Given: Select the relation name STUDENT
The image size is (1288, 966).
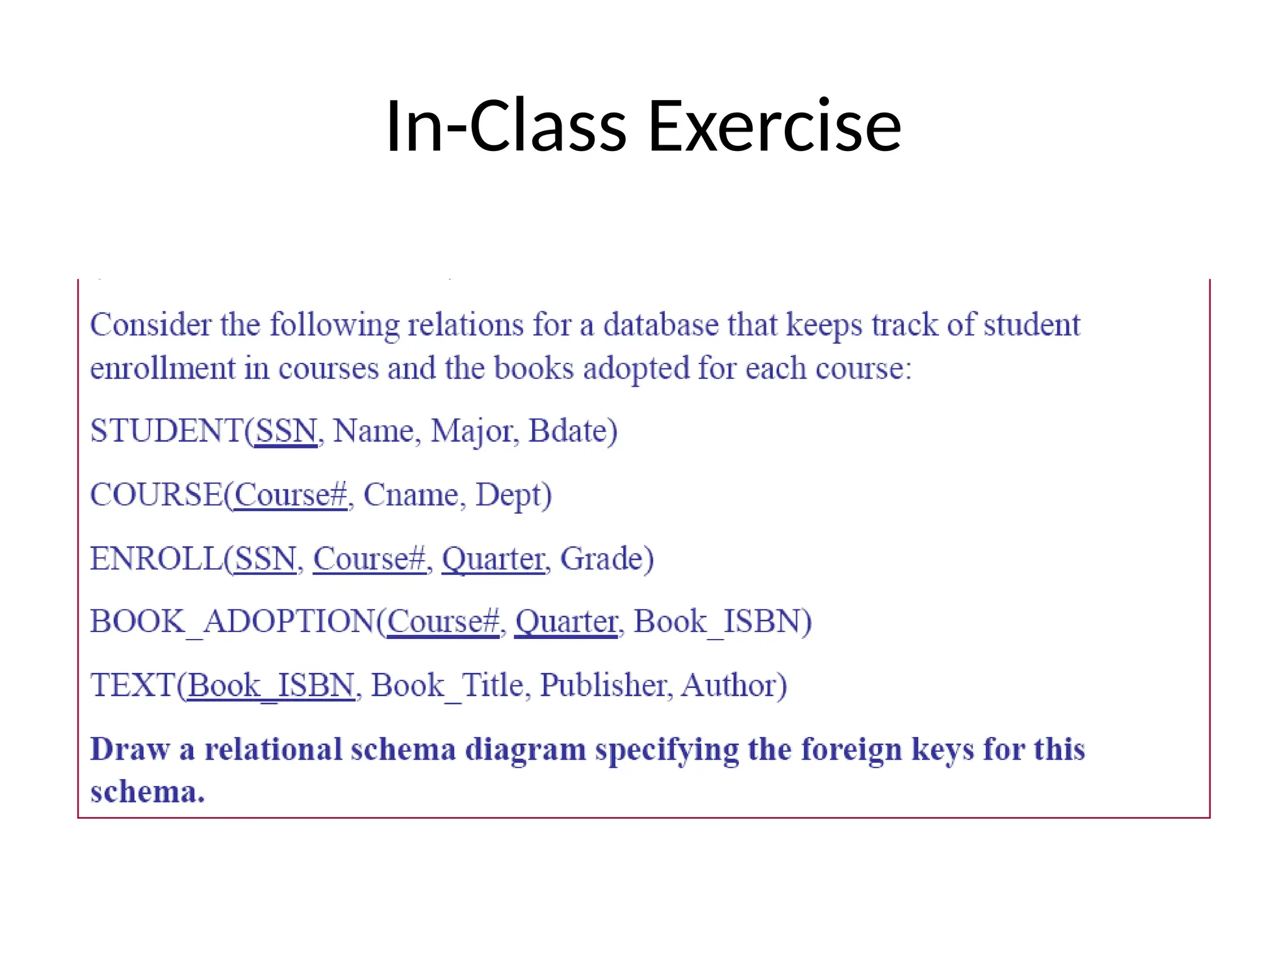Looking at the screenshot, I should pyautogui.click(x=167, y=431).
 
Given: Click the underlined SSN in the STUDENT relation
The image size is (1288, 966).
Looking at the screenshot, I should pyautogui.click(x=286, y=431).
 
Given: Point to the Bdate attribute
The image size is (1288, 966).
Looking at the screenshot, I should pyautogui.click(x=569, y=431).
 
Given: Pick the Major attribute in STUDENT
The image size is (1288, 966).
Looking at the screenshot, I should pyautogui.click(x=471, y=432).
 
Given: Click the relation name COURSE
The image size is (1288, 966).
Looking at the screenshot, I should pyautogui.click(x=157, y=494).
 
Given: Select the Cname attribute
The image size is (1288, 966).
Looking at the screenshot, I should pyautogui.click(x=410, y=495).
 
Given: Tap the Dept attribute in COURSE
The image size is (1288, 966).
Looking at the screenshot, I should pyautogui.click(x=509, y=496).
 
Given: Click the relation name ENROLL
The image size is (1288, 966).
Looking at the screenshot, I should pyautogui.click(x=157, y=558).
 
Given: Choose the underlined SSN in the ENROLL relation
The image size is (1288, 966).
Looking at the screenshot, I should pyautogui.click(x=265, y=558).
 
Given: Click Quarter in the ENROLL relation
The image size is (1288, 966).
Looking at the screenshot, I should pyautogui.click(x=493, y=558).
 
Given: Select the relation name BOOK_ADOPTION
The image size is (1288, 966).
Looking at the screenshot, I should pyautogui.click(x=233, y=621).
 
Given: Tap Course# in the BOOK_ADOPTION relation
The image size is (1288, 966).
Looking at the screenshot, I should pyautogui.click(x=443, y=621).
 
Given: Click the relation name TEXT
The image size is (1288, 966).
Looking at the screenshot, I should pyautogui.click(x=132, y=685).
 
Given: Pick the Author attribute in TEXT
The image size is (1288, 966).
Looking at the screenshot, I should pyautogui.click(x=730, y=685).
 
